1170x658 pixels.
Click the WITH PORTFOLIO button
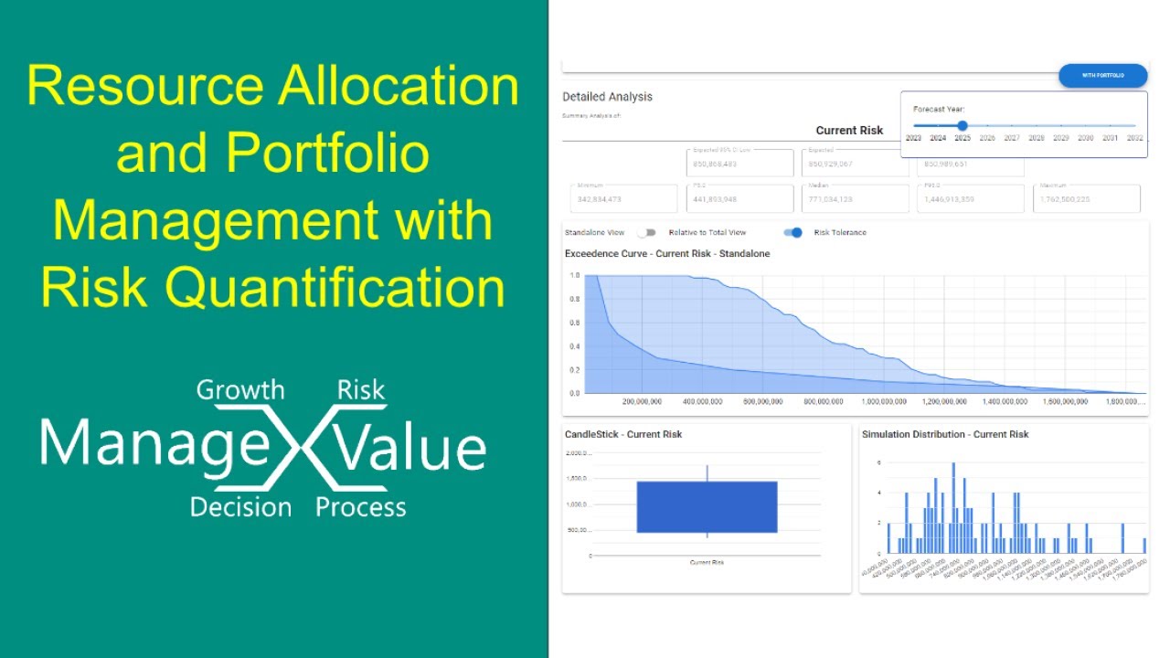(x=1102, y=76)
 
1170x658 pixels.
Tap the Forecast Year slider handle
(x=963, y=126)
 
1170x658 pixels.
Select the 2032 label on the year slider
(x=1134, y=138)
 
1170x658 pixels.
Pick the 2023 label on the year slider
(x=913, y=138)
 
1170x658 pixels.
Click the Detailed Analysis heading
(x=607, y=97)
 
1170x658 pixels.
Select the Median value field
(x=855, y=198)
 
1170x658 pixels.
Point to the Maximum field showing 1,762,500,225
(x=1086, y=198)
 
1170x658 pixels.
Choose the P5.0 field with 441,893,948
(x=739, y=198)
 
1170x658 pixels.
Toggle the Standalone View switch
(x=646, y=233)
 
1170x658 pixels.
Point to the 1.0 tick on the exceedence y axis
(x=574, y=275)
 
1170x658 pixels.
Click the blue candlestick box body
(x=707, y=506)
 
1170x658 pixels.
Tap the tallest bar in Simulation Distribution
(x=953, y=508)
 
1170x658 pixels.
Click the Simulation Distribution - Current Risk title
(x=945, y=434)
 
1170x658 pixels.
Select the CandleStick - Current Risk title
(x=623, y=434)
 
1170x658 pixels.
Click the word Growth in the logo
(x=240, y=390)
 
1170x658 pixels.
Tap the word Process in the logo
(x=361, y=507)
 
